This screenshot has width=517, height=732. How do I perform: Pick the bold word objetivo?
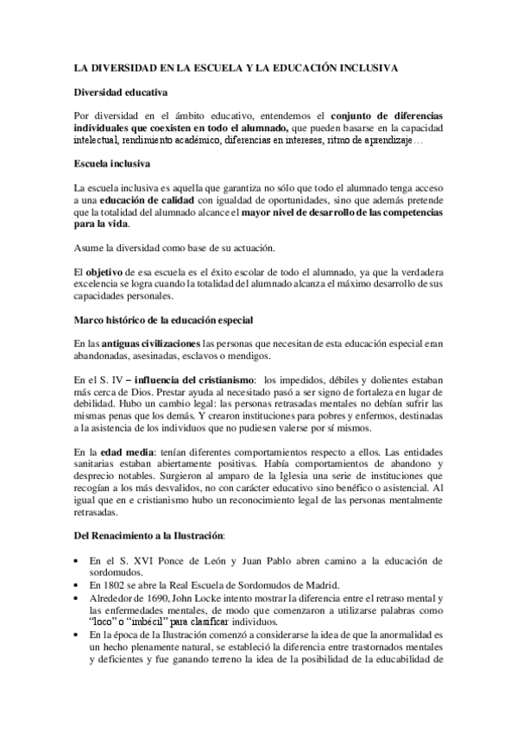tap(105, 271)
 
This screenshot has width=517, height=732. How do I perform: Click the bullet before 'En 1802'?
tap(78, 559)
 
